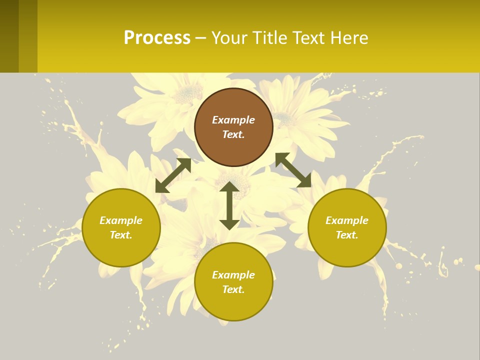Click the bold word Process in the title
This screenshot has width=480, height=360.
[157, 38]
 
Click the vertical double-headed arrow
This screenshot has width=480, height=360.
[229, 205]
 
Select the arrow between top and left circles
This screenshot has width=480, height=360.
[173, 175]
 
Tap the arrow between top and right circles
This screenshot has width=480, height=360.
[293, 170]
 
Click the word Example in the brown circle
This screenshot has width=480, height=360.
[233, 120]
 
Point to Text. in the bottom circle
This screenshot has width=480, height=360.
[233, 289]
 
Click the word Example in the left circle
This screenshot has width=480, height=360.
[121, 220]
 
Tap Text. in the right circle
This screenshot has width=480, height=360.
[347, 235]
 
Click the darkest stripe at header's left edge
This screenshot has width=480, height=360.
[9, 36]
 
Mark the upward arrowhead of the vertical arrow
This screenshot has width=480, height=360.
[229, 187]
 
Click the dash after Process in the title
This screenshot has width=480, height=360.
[201, 38]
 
